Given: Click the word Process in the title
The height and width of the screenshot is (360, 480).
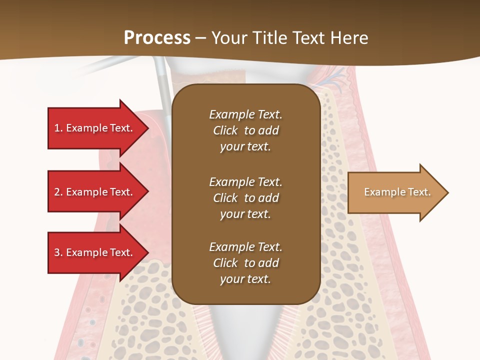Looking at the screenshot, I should coord(157,37).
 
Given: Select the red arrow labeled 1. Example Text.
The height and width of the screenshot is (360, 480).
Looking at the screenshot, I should coord(95,128).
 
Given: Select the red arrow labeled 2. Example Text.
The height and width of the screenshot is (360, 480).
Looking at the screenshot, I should coord(95,192).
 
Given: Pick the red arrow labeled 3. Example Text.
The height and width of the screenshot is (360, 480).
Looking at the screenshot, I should coord(95,252).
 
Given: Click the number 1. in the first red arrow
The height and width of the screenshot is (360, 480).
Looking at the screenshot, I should coord(58,128).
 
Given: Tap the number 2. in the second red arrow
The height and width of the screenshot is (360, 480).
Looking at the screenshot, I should coord(58,192).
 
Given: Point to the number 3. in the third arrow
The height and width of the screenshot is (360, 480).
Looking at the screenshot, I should coord(58,252).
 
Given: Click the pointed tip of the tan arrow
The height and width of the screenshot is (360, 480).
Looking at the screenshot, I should coord(446,192).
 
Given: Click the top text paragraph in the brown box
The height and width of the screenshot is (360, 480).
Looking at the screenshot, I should coord(245,130).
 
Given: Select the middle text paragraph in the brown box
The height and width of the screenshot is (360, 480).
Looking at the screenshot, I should coord(245,197).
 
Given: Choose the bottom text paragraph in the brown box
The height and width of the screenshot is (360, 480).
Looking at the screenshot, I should coord(245,263).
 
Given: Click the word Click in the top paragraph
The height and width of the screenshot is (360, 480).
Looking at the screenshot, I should coord(225,130).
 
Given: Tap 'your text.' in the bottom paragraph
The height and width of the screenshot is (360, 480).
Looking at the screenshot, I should coord(245,279).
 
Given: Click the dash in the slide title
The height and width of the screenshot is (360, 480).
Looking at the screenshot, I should coord(201,38).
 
